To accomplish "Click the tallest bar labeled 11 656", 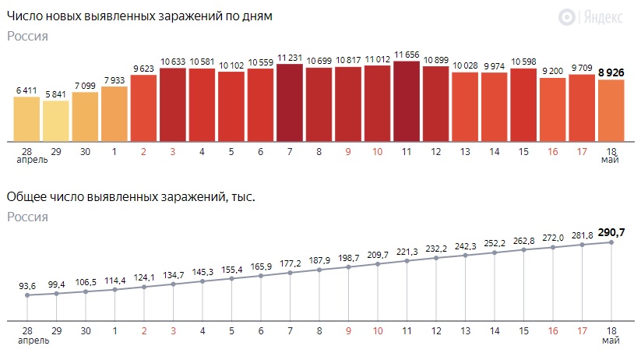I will click(407, 100).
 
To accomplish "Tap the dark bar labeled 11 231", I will click(290, 101).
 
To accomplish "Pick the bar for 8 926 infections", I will click(611, 110).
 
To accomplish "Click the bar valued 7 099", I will click(85, 116).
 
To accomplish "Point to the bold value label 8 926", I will click(611, 72).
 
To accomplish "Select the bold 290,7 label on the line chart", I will click(611, 232).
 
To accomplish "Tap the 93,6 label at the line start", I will click(27, 285).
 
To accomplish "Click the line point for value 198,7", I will click(348, 267).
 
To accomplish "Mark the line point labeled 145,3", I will click(203, 281).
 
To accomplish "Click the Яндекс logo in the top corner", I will click(596, 16).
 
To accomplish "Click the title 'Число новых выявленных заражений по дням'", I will click(139, 16).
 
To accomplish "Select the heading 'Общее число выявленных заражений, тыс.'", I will click(130, 197).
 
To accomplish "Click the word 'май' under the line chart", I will click(611, 341).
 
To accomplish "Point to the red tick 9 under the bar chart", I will click(348, 150).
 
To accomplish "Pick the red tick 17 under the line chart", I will click(582, 330).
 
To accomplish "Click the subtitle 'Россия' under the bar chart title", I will click(27, 36).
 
